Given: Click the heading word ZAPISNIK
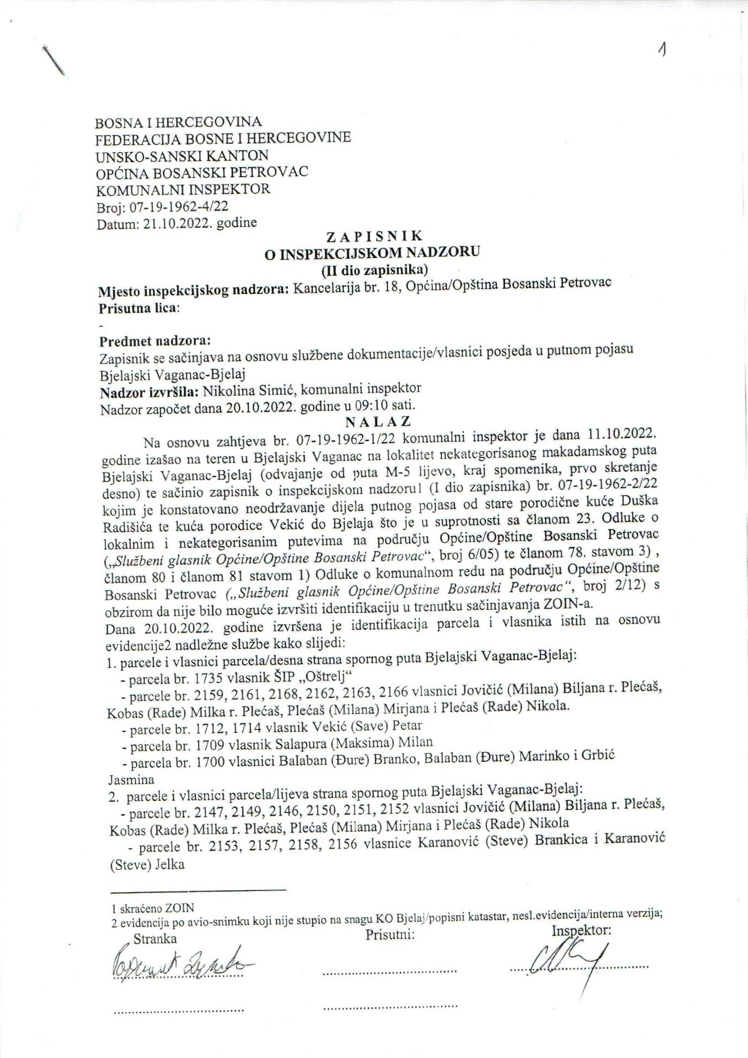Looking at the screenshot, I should point(374,237).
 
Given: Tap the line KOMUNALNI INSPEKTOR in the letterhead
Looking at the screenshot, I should point(183,189).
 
